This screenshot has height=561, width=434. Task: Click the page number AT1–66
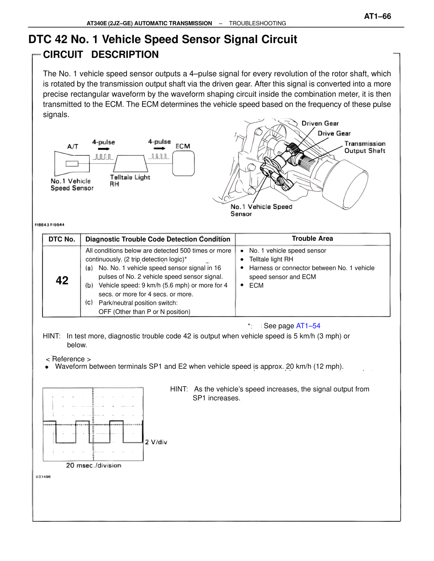(377, 16)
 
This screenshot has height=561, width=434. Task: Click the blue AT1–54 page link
(308, 326)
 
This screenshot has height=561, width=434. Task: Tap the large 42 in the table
(62, 280)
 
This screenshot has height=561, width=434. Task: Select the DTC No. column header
(62, 239)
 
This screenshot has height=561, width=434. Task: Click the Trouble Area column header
(312, 238)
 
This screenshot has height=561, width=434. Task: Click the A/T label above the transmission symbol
(73, 146)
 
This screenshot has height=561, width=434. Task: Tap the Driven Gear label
(320, 123)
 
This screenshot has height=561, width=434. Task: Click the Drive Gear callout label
(334, 133)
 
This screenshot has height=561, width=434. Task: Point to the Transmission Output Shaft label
(365, 147)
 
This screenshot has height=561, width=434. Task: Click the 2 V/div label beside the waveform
(156, 442)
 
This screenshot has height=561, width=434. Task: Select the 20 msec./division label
(94, 465)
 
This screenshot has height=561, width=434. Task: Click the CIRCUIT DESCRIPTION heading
(101, 55)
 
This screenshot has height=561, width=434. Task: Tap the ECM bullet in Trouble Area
(256, 285)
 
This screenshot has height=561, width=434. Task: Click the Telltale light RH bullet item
(271, 259)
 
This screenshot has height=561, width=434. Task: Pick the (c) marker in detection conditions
(89, 302)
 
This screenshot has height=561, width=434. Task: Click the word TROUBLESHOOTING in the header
(257, 23)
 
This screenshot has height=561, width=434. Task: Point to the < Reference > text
(68, 359)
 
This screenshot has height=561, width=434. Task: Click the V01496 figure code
(43, 477)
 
